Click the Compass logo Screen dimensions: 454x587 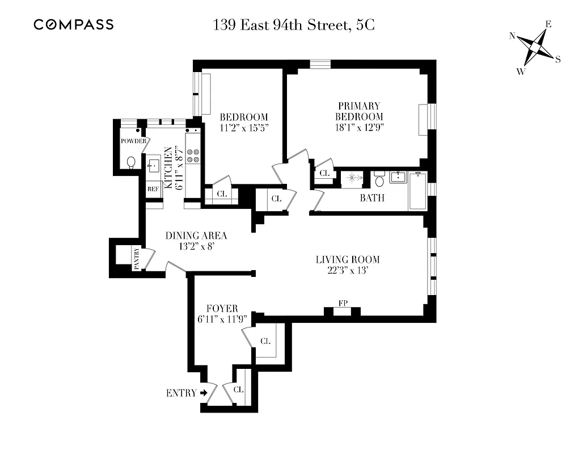[74, 24]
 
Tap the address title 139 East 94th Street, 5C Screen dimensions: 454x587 [294, 25]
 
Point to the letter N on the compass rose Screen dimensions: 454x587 [512, 36]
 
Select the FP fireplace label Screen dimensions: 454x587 [343, 304]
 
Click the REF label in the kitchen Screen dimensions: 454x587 [153, 189]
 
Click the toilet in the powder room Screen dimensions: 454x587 [131, 163]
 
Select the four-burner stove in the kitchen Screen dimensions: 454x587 [193, 155]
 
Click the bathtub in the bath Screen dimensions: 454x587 [417, 191]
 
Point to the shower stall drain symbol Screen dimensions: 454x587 [352, 178]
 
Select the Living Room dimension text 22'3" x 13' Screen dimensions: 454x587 [348, 271]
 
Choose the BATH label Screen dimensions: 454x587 [372, 198]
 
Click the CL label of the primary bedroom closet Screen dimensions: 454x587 [325, 173]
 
